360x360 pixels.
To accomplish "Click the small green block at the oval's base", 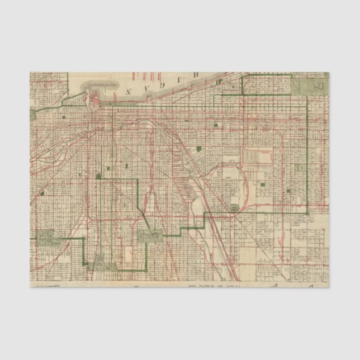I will [x=234, y=209].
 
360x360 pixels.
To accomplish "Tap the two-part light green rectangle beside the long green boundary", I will [x=301, y=168].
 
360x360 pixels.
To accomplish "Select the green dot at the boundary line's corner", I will [x=98, y=177].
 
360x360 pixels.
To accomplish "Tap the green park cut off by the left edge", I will [x=32, y=115].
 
